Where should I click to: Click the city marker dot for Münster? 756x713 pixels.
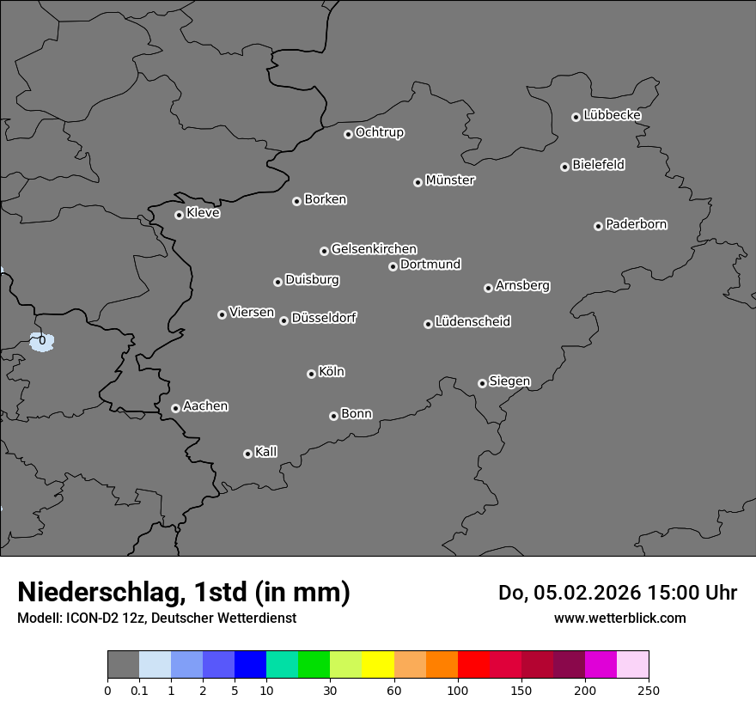pos(418,182)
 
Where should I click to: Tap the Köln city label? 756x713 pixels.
pos(332,372)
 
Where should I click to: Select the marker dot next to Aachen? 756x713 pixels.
pos(175,408)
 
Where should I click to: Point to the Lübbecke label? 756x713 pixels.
pos(612,115)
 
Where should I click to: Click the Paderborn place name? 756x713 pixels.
pos(636,224)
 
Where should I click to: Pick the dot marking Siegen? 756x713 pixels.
pos(482,383)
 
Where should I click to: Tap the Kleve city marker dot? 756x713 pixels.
pos(179,215)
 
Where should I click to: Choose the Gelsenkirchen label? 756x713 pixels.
pos(374,249)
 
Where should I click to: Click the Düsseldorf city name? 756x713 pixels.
pos(324,318)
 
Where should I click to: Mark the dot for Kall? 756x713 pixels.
pos(247,454)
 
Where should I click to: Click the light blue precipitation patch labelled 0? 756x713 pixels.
pos(41,342)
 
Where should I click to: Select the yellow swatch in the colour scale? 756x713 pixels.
pos(378,665)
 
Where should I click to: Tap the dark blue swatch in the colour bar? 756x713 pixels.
pos(251,665)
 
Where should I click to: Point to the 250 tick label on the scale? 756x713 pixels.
pos(649,690)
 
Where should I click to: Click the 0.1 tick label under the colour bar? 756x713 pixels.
pos(139,690)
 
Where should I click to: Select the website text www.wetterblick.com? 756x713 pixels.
pos(619,618)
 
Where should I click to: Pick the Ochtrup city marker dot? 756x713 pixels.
pos(348,134)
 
